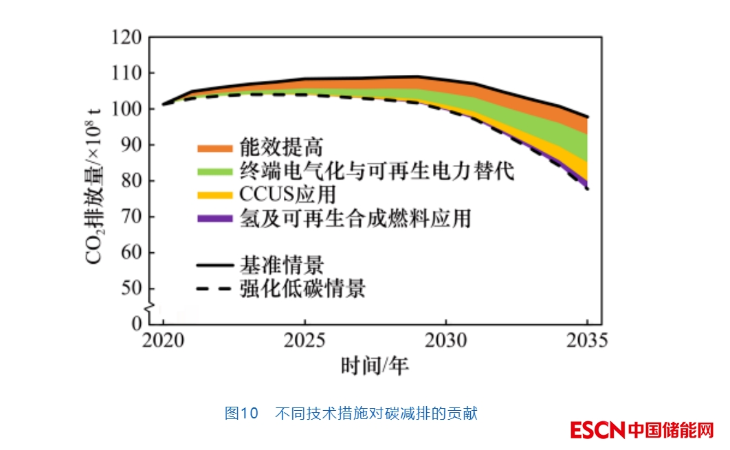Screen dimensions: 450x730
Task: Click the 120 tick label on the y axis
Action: click(129, 37)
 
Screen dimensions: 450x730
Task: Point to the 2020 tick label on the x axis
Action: click(164, 340)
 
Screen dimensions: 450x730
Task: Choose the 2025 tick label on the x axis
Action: click(305, 340)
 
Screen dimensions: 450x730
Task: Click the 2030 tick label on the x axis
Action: click(446, 340)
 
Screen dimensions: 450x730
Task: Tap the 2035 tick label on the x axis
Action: click(588, 340)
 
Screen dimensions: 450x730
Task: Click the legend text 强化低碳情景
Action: click(302, 289)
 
